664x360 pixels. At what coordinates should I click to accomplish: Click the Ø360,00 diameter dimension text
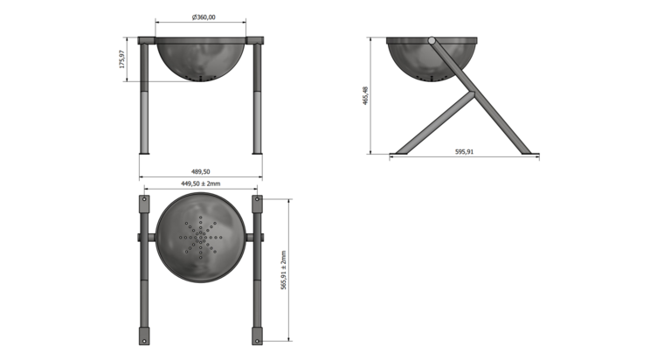[x=204, y=17]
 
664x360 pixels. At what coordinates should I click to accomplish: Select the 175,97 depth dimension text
[x=122, y=59]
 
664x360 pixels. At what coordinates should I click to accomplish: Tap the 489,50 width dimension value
[x=201, y=171]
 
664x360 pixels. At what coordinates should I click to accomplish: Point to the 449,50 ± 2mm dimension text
[x=201, y=183]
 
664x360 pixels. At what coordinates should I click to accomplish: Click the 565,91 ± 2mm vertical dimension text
[x=283, y=270]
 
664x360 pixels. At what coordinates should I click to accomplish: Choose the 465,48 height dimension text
[x=365, y=96]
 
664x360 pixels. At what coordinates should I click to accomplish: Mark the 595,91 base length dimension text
[x=464, y=151]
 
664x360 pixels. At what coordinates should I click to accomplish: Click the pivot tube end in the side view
[x=432, y=41]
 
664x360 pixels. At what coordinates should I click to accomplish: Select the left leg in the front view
[x=144, y=98]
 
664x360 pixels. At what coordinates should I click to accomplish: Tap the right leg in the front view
[x=258, y=98]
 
